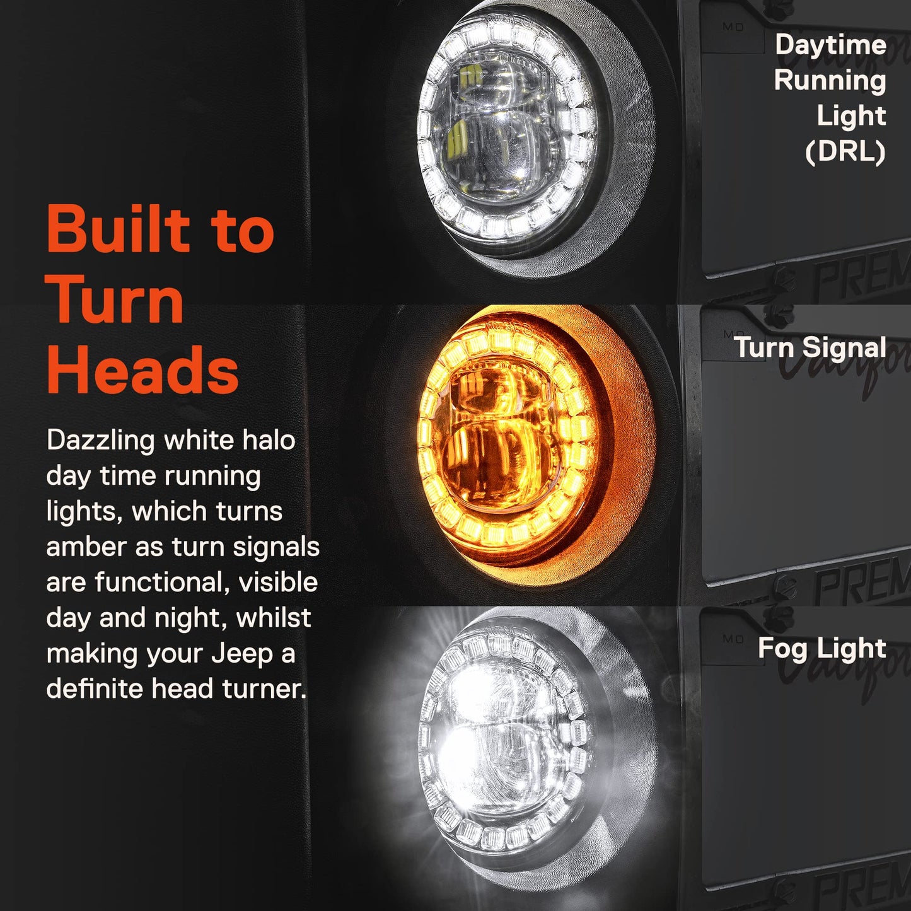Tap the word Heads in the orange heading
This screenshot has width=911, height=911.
click(142, 369)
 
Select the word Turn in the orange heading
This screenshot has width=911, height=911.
click(115, 299)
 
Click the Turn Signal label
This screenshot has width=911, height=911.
click(810, 347)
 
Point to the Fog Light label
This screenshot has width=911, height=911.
click(822, 649)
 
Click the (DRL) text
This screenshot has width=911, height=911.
click(846, 152)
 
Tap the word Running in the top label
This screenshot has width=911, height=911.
click(830, 81)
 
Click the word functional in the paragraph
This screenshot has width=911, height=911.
click(158, 583)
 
